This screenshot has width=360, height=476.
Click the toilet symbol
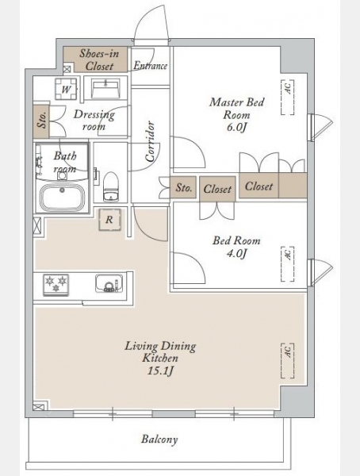[x=110, y=186]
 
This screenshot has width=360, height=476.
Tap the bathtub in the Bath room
[x=63, y=198]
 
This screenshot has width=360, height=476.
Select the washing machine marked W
[x=66, y=89]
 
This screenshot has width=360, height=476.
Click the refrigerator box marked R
[x=110, y=220]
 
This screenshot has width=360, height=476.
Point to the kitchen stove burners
[x=56, y=285]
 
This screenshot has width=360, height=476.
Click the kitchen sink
[x=109, y=283]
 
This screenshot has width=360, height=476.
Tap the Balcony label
[x=159, y=440]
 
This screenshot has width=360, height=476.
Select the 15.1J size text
[x=160, y=371]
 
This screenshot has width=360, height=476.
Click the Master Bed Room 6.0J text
[x=237, y=114]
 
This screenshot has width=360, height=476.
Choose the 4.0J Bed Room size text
[x=237, y=253]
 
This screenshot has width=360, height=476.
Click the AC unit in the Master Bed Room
[x=288, y=97]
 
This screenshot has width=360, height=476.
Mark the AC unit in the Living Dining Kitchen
[x=288, y=361]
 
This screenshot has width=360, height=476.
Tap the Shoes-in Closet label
[x=99, y=59]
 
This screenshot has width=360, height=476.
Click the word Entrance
[x=151, y=66]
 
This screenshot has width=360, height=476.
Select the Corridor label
[x=150, y=141]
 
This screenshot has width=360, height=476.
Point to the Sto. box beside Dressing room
[x=41, y=121]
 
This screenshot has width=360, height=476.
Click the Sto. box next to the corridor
[x=184, y=187]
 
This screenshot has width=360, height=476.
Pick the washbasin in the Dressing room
[x=105, y=88]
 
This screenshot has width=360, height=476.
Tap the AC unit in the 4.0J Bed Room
[x=288, y=264]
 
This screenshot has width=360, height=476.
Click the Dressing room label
[x=94, y=120]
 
